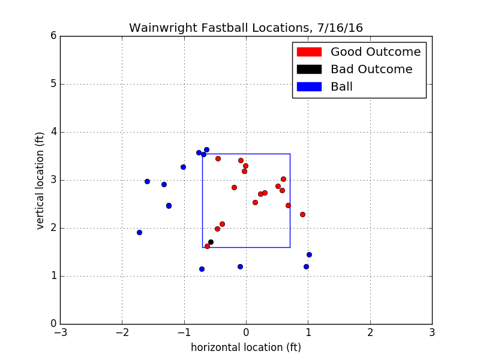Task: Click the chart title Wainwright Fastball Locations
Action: pyautogui.click(x=246, y=28)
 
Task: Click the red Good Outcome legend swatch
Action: pyautogui.click(x=309, y=52)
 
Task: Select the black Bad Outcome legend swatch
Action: pyautogui.click(x=309, y=70)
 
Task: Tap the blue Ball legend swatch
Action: pyautogui.click(x=309, y=87)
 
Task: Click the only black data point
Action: pyautogui.click(x=211, y=242)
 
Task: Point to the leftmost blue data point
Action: pyautogui.click(x=139, y=232)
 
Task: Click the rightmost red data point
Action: pyautogui.click(x=302, y=214)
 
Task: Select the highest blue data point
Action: pyautogui.click(x=206, y=149)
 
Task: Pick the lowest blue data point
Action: pyautogui.click(x=202, y=269)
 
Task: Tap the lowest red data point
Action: pyautogui.click(x=207, y=246)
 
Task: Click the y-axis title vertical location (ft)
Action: pyautogui.click(x=40, y=180)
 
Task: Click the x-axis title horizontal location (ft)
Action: pyautogui.click(x=246, y=347)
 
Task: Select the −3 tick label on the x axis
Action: pyautogui.click(x=60, y=332)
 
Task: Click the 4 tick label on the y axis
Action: pyautogui.click(x=53, y=132)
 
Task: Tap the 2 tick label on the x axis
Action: pyautogui.click(x=370, y=332)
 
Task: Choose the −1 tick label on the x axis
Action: pyautogui.click(x=184, y=332)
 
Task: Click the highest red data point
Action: pyautogui.click(x=218, y=158)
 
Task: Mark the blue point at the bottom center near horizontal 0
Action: pyautogui.click(x=240, y=266)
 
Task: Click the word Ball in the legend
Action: pyautogui.click(x=341, y=87)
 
